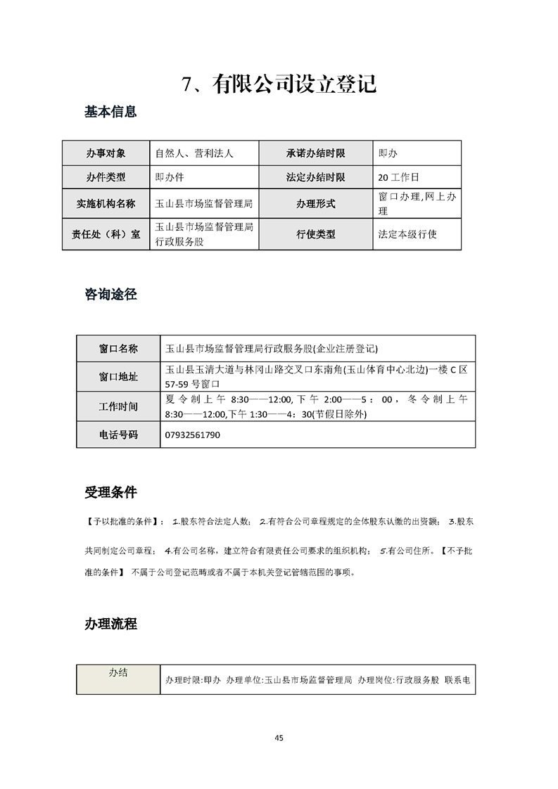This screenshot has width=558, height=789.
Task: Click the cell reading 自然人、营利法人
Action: click(194, 153)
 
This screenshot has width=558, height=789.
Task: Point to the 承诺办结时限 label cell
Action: click(316, 153)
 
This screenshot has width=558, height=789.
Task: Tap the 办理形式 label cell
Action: click(316, 204)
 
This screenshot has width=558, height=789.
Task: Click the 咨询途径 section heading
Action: click(110, 295)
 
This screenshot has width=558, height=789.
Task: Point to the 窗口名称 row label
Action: click(118, 348)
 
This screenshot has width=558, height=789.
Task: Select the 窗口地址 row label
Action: click(118, 377)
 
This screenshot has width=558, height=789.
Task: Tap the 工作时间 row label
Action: click(118, 406)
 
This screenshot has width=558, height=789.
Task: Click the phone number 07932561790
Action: click(192, 435)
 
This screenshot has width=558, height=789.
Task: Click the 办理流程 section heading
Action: click(110, 623)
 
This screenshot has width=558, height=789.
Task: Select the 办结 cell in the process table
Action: click(118, 673)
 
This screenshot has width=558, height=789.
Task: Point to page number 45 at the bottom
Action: click(279, 738)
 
